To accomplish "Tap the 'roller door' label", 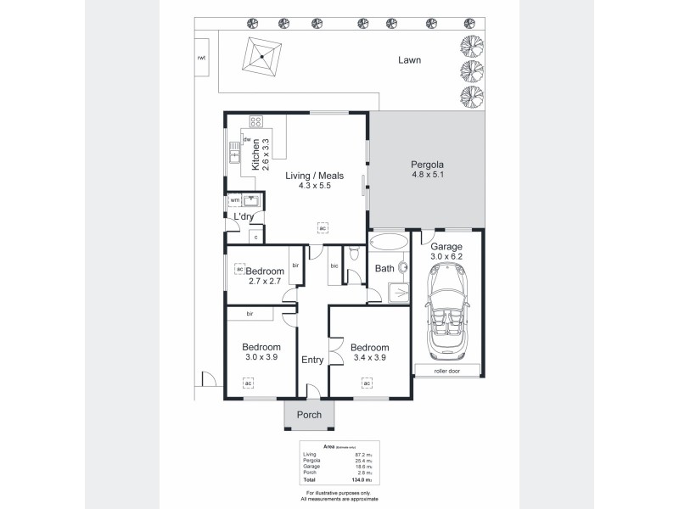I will click(447, 370).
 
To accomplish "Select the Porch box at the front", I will click(309, 415).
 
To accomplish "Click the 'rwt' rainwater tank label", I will click(201, 58).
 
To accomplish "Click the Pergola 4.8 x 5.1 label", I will click(428, 169).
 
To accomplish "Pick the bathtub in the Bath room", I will click(388, 241).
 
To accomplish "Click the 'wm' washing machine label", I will click(234, 200).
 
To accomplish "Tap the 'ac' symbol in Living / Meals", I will click(322, 228).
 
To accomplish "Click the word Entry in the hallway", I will click(312, 360).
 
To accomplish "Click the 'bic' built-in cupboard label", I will click(334, 266).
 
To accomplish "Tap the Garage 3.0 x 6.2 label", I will click(447, 252).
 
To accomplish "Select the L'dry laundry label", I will click(244, 217).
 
